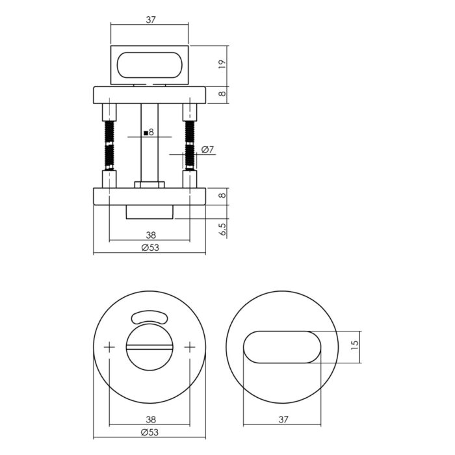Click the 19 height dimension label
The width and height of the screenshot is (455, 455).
[222, 64]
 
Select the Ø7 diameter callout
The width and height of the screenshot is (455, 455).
[207, 149]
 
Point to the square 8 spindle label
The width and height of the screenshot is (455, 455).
[149, 133]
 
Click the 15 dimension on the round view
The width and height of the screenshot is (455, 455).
[355, 344]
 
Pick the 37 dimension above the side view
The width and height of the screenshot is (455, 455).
[151, 19]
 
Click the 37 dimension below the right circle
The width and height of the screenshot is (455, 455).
[283, 419]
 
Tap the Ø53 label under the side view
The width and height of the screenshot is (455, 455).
[150, 248]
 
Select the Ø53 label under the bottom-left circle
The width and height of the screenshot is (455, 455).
[149, 432]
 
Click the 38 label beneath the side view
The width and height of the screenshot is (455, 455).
[151, 235]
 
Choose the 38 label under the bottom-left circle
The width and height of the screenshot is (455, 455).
[151, 419]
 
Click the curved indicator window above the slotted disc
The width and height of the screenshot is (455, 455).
[149, 317]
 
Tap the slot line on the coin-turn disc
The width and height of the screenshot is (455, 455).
[149, 347]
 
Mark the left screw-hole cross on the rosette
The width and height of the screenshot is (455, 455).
[109, 347]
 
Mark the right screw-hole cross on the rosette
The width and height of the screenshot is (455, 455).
[190, 347]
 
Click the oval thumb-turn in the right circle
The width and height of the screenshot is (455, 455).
[282, 347]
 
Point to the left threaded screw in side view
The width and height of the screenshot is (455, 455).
[109, 145]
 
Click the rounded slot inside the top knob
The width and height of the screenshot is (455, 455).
[149, 65]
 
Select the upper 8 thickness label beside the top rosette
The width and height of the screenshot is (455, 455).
[222, 94]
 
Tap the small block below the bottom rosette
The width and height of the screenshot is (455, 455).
[149, 212]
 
